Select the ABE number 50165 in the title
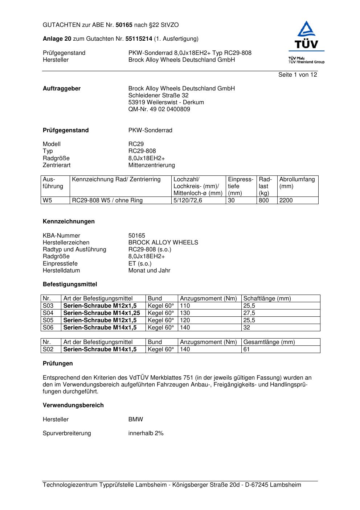tap(124, 25)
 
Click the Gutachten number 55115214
tap(139, 39)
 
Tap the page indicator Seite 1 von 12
tap(298, 75)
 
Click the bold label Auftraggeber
tap(62, 89)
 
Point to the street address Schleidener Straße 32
tap(158, 96)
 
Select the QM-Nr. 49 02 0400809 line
tap(159, 109)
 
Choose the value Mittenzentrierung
tap(151, 165)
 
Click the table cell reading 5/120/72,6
tap(188, 201)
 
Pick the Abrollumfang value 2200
tap(286, 201)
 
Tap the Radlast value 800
tap(264, 201)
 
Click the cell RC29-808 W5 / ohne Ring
tap(107, 201)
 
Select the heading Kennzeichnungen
tap(69, 222)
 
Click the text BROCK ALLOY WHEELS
tap(163, 243)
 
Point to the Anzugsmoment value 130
tap(185, 313)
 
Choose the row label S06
tap(48, 328)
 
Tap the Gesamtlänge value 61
tap(246, 349)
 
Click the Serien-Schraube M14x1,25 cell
tap(102, 313)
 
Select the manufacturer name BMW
tap(136, 420)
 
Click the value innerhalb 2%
tap(146, 433)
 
